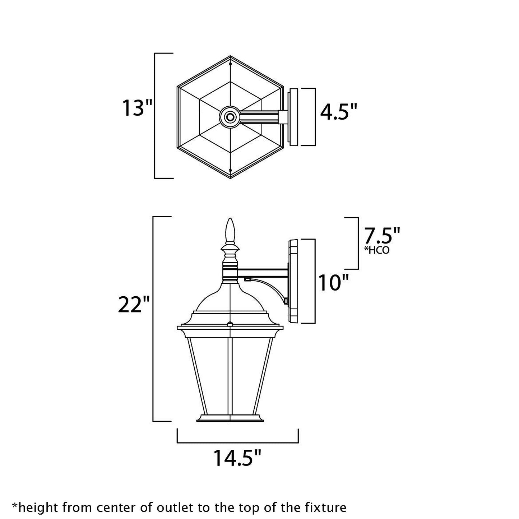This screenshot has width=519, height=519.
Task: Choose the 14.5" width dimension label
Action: [x=237, y=458]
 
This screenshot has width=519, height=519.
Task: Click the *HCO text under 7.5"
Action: [x=377, y=250]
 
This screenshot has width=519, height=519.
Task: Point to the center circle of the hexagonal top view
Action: [x=230, y=116]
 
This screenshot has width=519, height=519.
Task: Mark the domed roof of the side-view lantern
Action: [x=230, y=298]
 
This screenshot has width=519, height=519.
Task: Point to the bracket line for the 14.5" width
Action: [x=238, y=442]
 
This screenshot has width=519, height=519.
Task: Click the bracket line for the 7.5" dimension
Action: [x=358, y=243]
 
